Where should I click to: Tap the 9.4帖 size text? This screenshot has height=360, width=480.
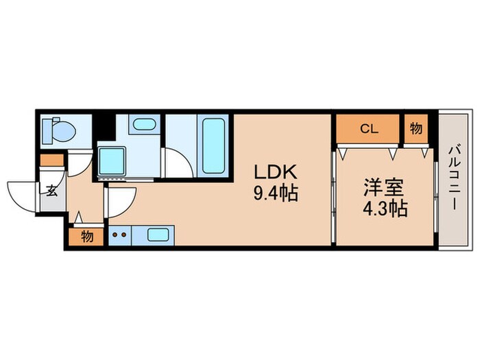click(x=275, y=193)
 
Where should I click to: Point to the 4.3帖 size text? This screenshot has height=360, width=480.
click(x=385, y=206)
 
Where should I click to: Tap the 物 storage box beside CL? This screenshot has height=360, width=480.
click(x=416, y=128)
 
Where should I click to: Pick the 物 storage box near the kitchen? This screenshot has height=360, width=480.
click(x=86, y=237)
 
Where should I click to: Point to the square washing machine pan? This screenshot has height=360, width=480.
click(x=112, y=160)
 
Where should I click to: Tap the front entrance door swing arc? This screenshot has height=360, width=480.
click(x=22, y=193)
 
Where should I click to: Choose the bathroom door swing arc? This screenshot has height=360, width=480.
click(x=178, y=163)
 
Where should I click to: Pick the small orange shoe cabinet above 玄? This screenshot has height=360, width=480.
click(x=51, y=162)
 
